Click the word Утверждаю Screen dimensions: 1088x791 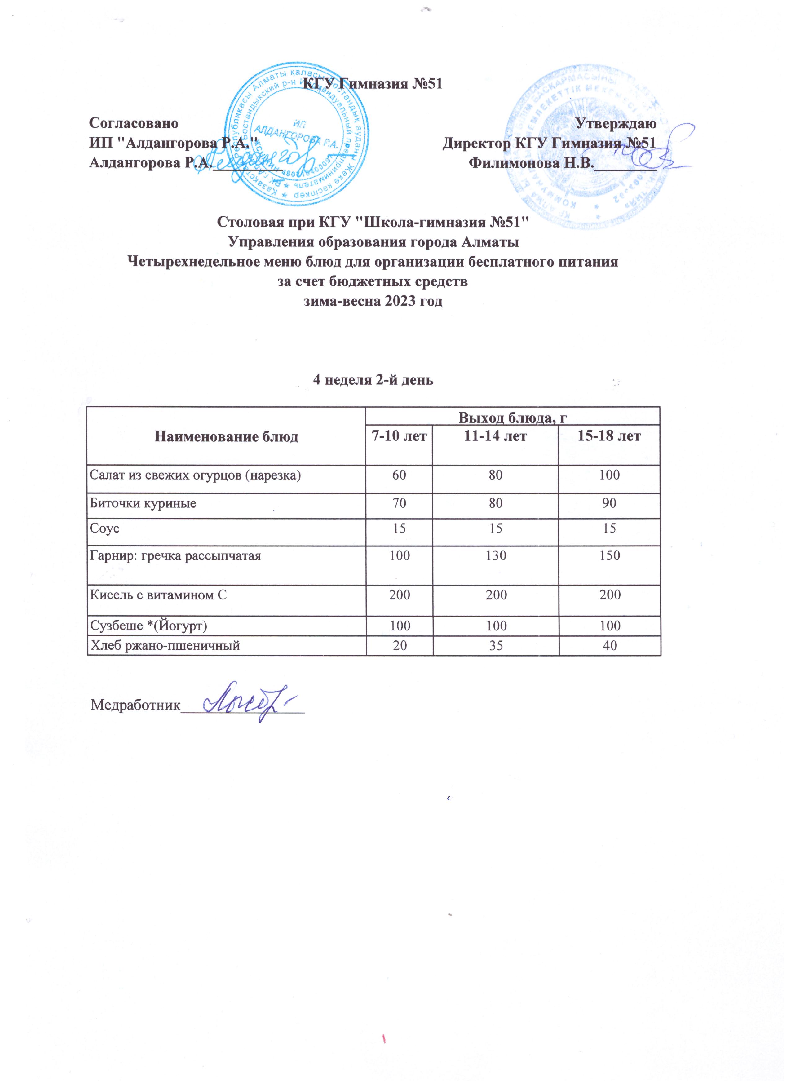pyautogui.click(x=616, y=123)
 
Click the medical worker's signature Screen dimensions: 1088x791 pyautogui.click(x=250, y=704)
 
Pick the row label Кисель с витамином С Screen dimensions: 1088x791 pyautogui.click(x=158, y=595)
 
